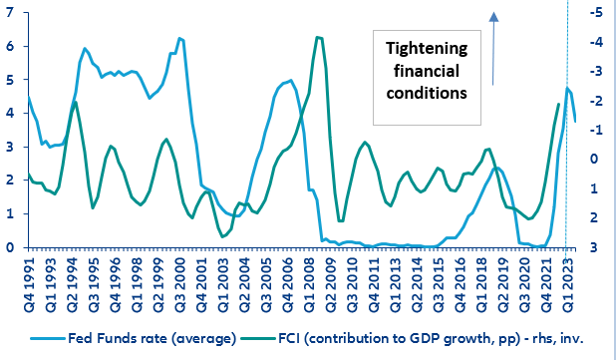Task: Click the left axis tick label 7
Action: coord(10,13)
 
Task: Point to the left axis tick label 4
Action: coord(10,113)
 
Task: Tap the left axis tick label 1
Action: coord(10,213)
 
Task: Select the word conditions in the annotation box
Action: coord(428,92)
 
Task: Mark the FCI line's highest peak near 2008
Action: coord(318,38)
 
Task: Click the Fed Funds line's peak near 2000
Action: coord(179,38)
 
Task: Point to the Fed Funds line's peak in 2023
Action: coord(567,89)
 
